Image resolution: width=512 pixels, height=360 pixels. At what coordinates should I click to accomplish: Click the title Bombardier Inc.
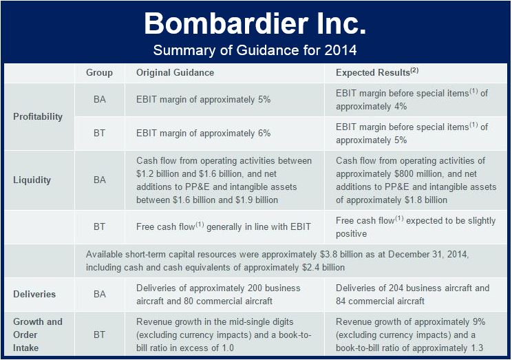tap(255, 23)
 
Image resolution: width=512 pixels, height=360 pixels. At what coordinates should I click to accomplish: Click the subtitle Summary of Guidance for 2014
tap(255, 50)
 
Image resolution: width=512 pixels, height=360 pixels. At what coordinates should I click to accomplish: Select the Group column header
tap(99, 72)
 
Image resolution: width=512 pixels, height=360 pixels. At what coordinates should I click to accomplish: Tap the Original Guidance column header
tap(175, 72)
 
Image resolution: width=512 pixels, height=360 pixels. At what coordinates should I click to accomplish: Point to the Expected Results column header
tap(377, 72)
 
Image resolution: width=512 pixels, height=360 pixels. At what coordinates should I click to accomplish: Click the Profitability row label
tap(38, 116)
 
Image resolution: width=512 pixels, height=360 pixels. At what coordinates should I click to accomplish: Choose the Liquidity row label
tap(32, 180)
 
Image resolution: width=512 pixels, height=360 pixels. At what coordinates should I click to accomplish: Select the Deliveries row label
tap(34, 294)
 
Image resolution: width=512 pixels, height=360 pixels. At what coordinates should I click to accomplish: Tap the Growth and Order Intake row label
tap(38, 335)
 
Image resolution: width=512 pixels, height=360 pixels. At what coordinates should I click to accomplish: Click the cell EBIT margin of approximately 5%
tap(204, 99)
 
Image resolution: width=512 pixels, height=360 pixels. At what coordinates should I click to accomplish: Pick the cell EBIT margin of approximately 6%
tap(204, 134)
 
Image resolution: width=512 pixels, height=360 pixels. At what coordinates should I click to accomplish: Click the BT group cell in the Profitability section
tap(100, 134)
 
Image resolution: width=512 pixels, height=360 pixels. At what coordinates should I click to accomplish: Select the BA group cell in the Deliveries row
tap(100, 294)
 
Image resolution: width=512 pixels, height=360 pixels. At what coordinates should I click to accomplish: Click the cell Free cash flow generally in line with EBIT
tap(224, 226)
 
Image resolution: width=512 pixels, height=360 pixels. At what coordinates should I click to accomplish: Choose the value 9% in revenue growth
tap(479, 321)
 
